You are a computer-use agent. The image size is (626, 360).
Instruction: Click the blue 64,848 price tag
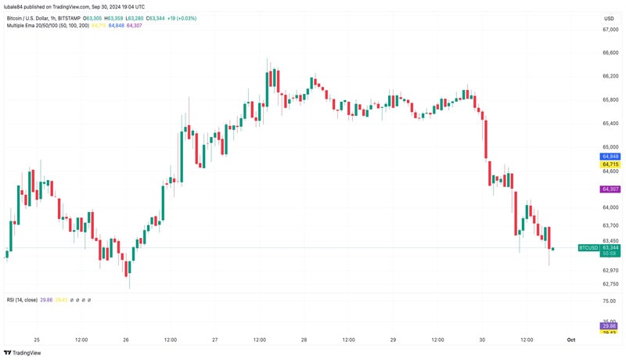pyautogui.click(x=610, y=156)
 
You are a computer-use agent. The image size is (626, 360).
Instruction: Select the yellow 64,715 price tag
pyautogui.click(x=610, y=164)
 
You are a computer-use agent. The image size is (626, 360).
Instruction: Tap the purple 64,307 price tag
pyautogui.click(x=610, y=189)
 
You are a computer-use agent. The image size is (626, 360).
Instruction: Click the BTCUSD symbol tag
pyautogui.click(x=588, y=247)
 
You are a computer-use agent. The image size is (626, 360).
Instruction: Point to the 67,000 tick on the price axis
pyautogui.click(x=610, y=30)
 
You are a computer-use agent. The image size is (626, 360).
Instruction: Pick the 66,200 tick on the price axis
pyautogui.click(x=610, y=76)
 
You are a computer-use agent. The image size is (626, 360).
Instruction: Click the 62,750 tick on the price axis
pyautogui.click(x=610, y=284)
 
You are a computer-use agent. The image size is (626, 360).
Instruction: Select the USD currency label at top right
pyautogui.click(x=609, y=18)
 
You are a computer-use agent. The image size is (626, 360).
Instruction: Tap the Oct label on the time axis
pyautogui.click(x=571, y=340)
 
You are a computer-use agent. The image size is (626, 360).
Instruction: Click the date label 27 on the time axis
pyautogui.click(x=214, y=340)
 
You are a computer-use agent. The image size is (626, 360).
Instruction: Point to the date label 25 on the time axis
pyautogui.click(x=36, y=340)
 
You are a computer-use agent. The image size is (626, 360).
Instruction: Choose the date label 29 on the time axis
pyautogui.click(x=393, y=340)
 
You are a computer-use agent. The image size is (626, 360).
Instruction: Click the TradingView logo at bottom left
pyautogui.click(x=23, y=352)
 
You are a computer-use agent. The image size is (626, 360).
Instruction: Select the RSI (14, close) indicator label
pyautogui.click(x=22, y=300)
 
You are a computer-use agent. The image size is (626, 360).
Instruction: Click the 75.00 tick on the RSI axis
pyautogui.click(x=610, y=301)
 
